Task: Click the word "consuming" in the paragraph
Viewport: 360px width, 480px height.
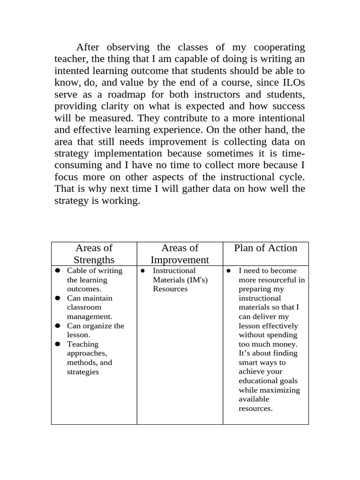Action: pyautogui.click(x=78, y=165)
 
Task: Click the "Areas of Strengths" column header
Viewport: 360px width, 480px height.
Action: pyautogui.click(x=94, y=254)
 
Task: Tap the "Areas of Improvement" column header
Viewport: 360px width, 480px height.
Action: pyautogui.click(x=180, y=254)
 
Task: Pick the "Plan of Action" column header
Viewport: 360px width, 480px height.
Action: pyautogui.click(x=265, y=248)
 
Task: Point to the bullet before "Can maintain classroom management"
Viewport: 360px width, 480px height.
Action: pyautogui.click(x=58, y=298)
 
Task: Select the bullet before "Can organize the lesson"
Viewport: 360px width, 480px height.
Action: pyautogui.click(x=58, y=326)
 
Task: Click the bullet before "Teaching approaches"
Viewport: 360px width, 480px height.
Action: pyautogui.click(x=58, y=344)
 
